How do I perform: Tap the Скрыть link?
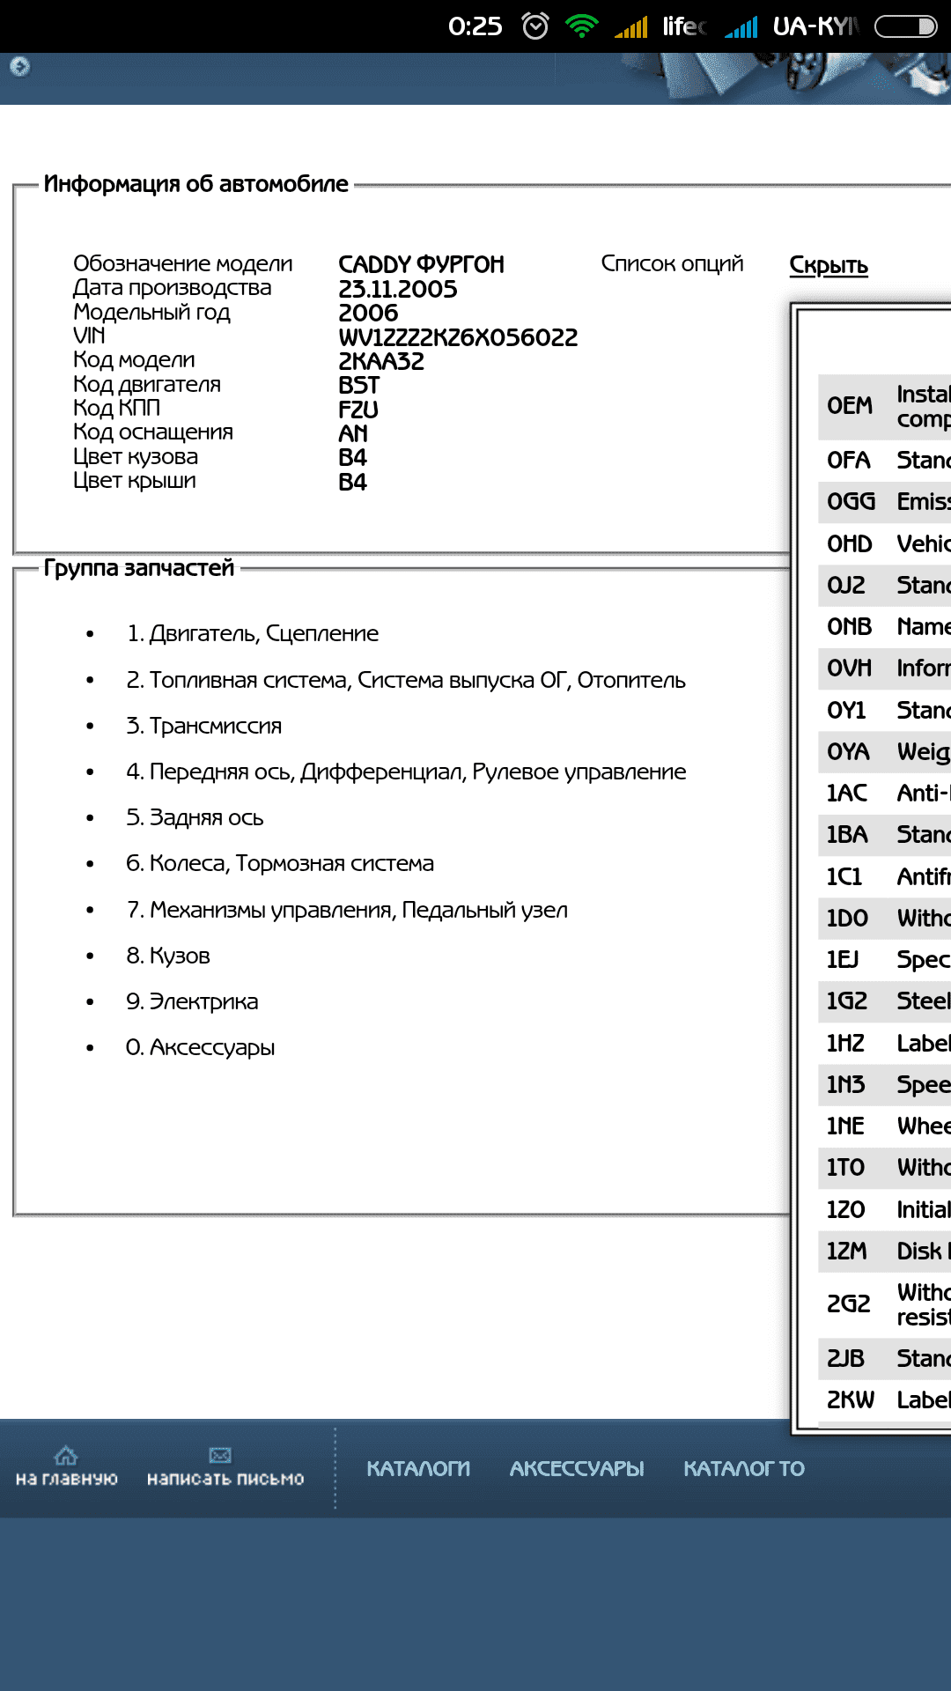click(829, 265)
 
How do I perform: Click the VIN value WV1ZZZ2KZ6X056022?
click(458, 337)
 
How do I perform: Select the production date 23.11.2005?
click(398, 289)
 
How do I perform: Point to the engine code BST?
click(359, 386)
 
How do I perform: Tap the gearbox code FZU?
click(358, 410)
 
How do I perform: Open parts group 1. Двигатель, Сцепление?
click(253, 633)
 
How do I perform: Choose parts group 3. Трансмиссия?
click(204, 726)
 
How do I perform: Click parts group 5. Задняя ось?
click(195, 817)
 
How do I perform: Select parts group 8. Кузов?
click(168, 956)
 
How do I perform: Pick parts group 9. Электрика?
click(192, 1001)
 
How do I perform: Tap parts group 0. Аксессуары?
click(201, 1047)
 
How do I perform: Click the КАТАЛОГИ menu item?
click(418, 1468)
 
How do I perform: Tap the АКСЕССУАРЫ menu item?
click(577, 1468)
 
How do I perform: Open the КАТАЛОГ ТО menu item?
click(744, 1468)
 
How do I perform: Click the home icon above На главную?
click(66, 1455)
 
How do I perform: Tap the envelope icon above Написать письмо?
click(220, 1455)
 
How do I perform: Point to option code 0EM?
click(850, 406)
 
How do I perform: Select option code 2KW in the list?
click(851, 1399)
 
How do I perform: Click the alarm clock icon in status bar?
click(535, 26)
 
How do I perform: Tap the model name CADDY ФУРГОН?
click(422, 264)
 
